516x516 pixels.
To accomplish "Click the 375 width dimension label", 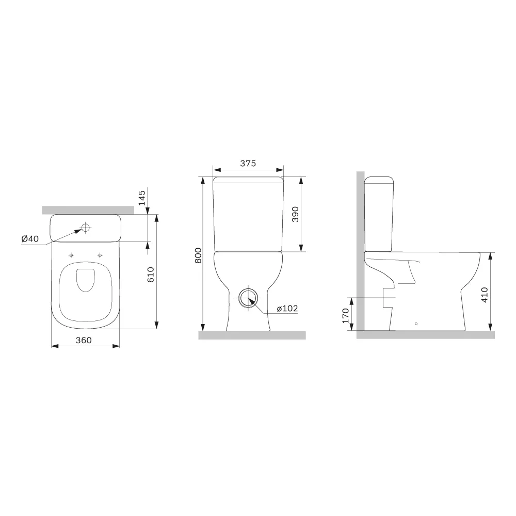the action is [x=248, y=163].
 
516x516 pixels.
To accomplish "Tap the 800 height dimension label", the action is [x=198, y=255].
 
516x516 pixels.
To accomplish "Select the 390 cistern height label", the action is [x=295, y=214].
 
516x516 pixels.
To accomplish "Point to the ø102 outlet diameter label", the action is [x=287, y=309].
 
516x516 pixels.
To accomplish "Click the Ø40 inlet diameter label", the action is [x=30, y=239].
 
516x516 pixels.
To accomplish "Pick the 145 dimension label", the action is [x=142, y=198].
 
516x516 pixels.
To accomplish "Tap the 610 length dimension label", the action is [x=151, y=275].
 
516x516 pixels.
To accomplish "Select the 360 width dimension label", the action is [x=84, y=340].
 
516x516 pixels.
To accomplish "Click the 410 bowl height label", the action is [x=485, y=295].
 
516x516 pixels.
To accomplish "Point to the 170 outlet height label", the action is [x=345, y=316].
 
